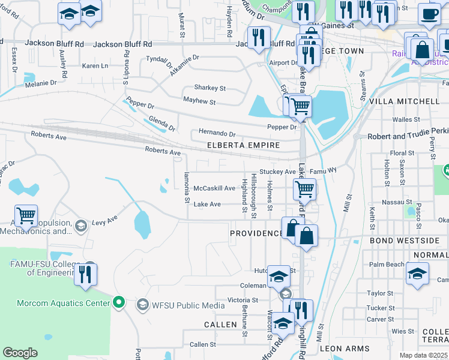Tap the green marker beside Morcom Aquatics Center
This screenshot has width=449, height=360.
tap(119, 302)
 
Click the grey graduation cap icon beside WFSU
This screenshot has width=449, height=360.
tap(143, 305)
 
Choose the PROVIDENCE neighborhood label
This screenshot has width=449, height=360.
tap(256, 233)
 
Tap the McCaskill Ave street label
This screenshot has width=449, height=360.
tap(214, 188)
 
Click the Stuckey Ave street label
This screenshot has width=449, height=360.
tap(277, 172)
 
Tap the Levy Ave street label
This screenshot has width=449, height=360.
tap(104, 221)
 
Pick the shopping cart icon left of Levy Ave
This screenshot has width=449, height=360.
tap(26, 216)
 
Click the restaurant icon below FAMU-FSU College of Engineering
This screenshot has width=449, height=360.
tap(85, 274)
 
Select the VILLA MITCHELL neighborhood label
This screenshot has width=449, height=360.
tap(400, 101)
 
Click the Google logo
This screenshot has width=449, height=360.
tap(20, 353)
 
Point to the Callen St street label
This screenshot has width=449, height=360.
tap(202, 344)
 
